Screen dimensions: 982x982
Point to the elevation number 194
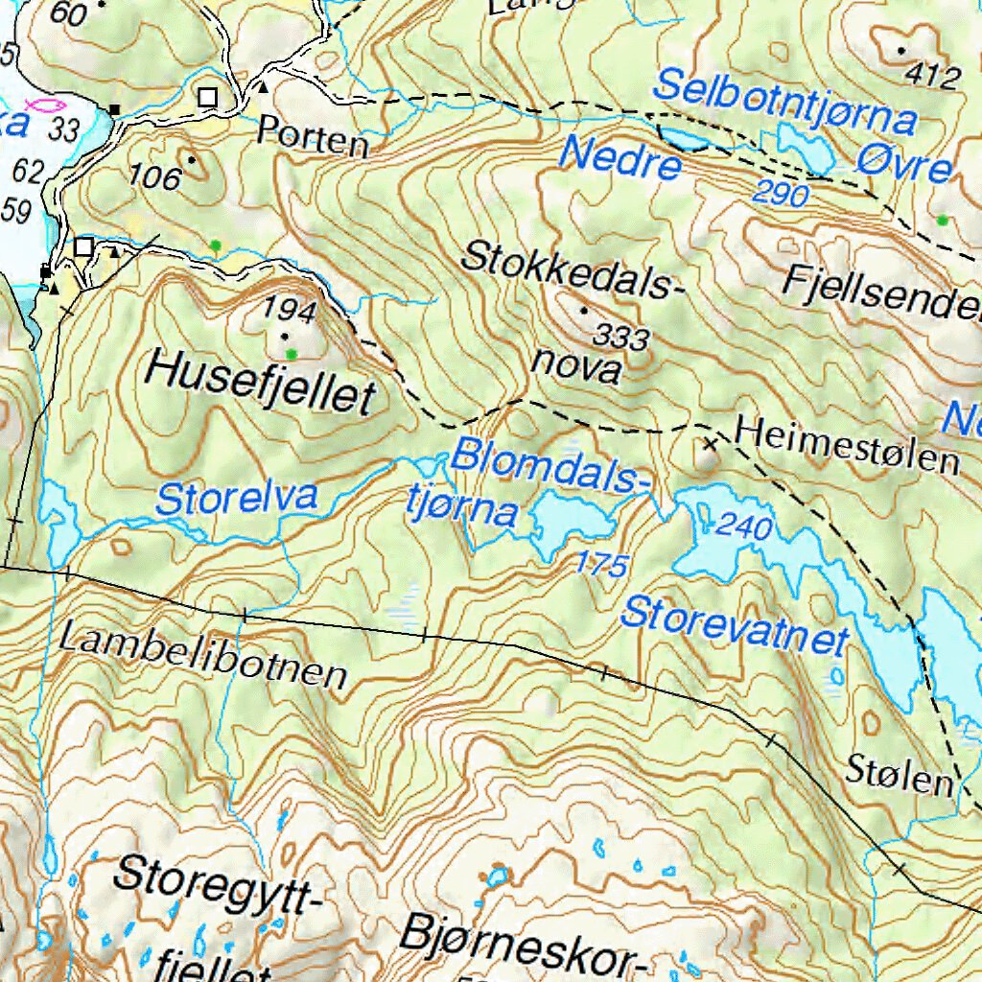[290, 310]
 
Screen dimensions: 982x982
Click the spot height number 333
[620, 337]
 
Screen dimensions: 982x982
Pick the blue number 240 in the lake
[744, 526]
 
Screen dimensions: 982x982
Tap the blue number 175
[602, 564]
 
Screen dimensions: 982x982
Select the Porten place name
[313, 140]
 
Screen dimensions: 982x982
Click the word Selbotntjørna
[784, 103]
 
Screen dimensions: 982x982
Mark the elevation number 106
[155, 177]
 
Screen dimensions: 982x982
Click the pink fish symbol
[45, 104]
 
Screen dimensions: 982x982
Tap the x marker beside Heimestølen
[711, 443]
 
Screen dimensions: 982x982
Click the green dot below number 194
[291, 354]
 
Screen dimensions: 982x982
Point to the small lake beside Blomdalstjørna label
[573, 519]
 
